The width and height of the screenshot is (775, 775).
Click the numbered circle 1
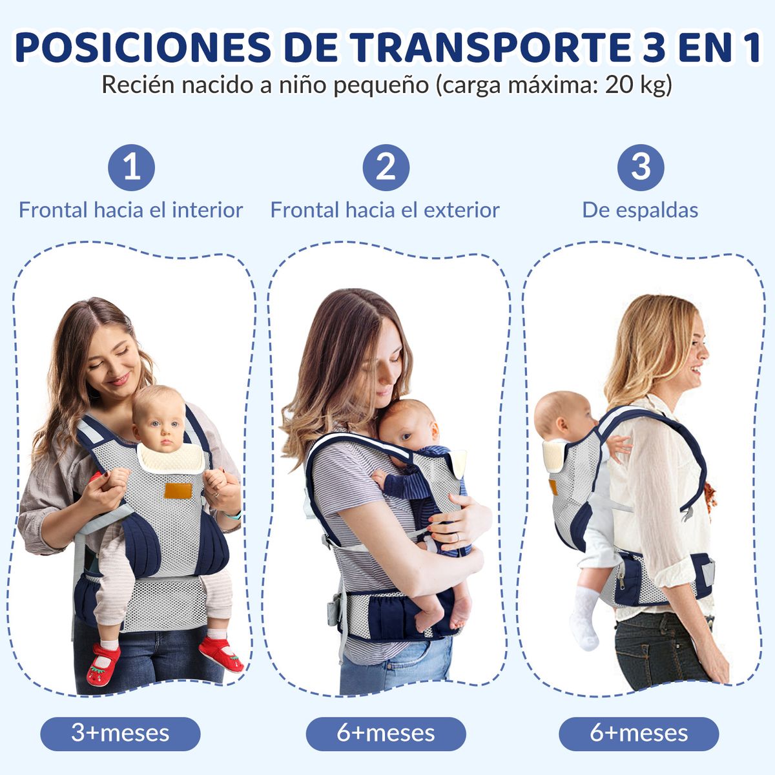point(132,168)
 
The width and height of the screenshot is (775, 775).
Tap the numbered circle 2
point(386,168)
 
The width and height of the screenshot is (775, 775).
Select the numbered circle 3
point(640,167)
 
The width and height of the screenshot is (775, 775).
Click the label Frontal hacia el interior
point(130,210)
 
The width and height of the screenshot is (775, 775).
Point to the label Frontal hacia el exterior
point(385,210)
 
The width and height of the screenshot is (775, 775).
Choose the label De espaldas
point(640,210)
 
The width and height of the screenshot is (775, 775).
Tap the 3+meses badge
point(120,734)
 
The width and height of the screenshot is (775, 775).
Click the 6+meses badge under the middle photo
point(386,734)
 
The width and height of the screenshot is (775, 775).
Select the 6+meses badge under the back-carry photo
point(639,734)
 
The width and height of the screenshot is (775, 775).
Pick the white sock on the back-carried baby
point(586,617)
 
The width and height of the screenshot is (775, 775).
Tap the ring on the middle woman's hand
point(457,537)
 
